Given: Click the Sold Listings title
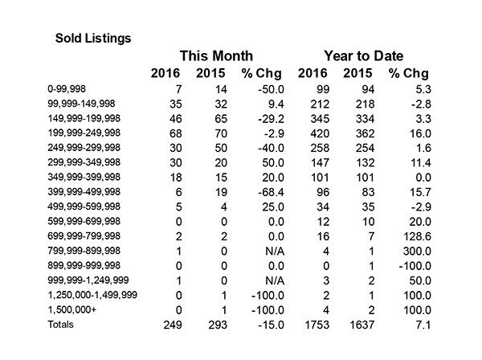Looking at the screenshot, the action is (x=93, y=39).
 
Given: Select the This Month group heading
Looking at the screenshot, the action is (x=216, y=56).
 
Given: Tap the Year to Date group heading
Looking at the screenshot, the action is (x=364, y=56).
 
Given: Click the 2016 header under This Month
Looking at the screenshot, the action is (x=165, y=73).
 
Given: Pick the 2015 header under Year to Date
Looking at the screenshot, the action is (x=357, y=73).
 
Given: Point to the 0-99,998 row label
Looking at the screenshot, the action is (x=67, y=89).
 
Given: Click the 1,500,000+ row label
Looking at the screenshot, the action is (x=72, y=309).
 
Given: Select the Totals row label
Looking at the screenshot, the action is (x=60, y=325).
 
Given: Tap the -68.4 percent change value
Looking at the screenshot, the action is (x=272, y=192).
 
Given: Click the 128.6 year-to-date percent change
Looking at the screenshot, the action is (x=417, y=236).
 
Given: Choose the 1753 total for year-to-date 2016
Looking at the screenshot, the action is (x=317, y=325).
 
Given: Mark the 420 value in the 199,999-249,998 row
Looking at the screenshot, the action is (x=320, y=133).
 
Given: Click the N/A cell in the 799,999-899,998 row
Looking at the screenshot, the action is (x=275, y=252).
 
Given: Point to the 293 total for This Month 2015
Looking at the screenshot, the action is (x=218, y=325).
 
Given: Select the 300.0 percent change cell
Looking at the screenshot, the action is (x=417, y=252).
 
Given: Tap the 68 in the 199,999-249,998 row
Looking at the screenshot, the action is (x=176, y=133).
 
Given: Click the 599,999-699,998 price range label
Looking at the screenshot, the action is (x=84, y=221).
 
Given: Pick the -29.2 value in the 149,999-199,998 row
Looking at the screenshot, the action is (x=272, y=119).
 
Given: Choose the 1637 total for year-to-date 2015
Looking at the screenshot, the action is (x=362, y=325).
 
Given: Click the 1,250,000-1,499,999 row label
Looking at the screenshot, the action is (x=92, y=295).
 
